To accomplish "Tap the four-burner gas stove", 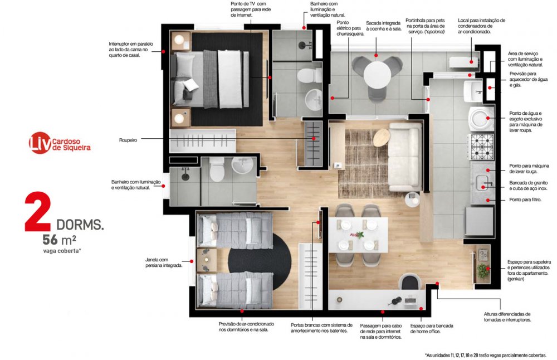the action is pos(482,147).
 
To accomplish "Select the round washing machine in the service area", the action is pos(481,119).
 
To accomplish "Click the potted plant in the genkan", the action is pos(482,271).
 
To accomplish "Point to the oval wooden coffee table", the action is pos(381,137).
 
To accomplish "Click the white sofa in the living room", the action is pos(404,157).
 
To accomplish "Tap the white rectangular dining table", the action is pos(358,235).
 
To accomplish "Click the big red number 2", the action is pos(38,212).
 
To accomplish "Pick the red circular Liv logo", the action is pos(40,143).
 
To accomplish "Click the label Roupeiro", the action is pos(128,140).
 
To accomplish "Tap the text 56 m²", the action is pos(60,240).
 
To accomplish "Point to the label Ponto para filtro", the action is pos(525,200).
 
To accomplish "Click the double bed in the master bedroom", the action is pos(209,79).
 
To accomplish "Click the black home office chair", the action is pos(411,283).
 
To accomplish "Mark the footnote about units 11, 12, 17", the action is pos(486,355).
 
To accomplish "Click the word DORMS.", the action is pos(80,225).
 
